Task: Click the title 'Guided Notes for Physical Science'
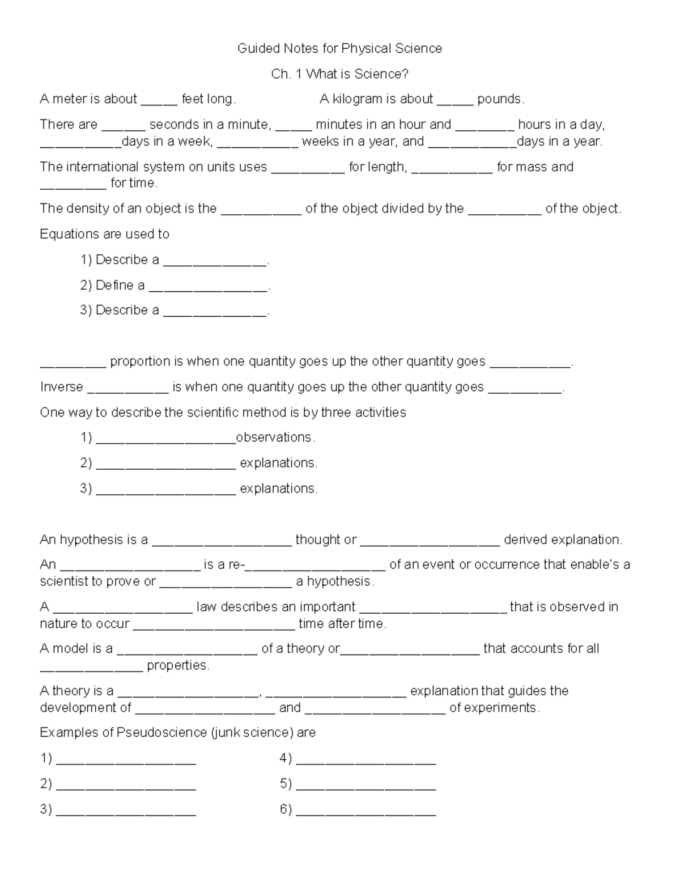click(x=339, y=49)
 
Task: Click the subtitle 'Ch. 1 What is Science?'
click(x=339, y=74)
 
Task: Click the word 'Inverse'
click(x=62, y=387)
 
